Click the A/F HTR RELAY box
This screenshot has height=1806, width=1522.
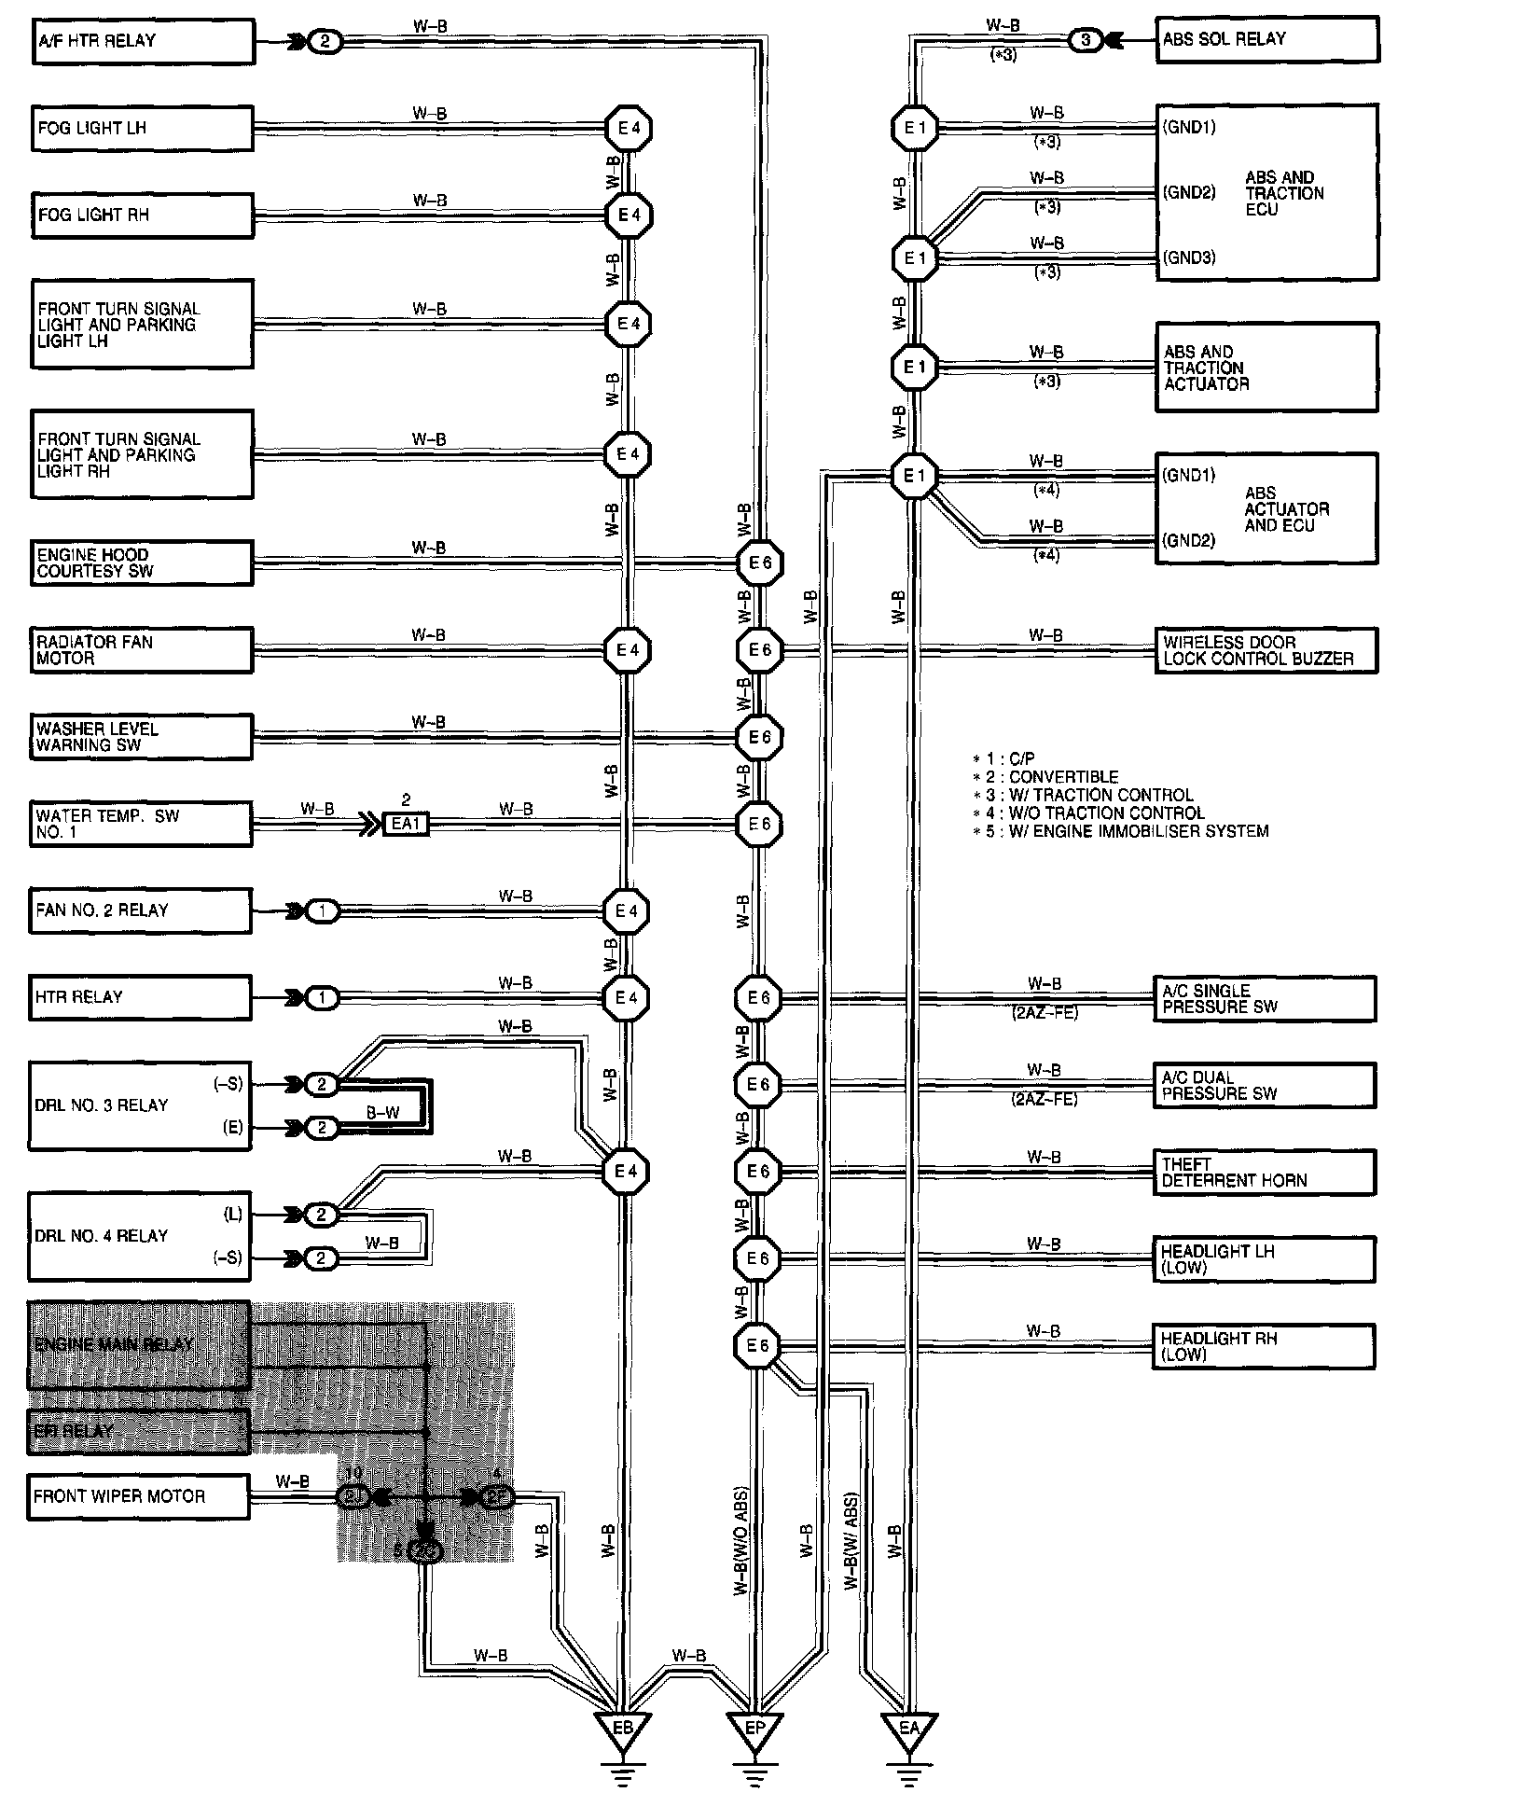[143, 42]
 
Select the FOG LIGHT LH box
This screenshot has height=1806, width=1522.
[142, 128]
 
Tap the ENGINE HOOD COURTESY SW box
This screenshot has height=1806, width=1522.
[142, 563]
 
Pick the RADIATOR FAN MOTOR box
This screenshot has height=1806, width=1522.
[142, 650]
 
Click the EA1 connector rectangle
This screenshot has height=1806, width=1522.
[406, 825]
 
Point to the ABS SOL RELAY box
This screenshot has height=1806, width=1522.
[1266, 40]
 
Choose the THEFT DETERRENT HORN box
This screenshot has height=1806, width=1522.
[1264, 1173]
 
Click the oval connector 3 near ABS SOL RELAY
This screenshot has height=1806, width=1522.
[1085, 41]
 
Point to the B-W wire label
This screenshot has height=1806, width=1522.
[382, 1113]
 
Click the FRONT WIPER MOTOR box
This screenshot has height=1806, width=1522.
[138, 1496]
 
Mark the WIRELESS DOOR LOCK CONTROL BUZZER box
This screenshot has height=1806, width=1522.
[1266, 650]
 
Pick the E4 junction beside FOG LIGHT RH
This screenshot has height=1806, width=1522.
[628, 215]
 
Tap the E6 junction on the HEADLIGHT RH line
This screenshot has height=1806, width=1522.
[757, 1346]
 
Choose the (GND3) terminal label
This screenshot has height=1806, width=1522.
[1188, 257]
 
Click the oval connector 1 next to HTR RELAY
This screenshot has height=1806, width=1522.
[323, 998]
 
